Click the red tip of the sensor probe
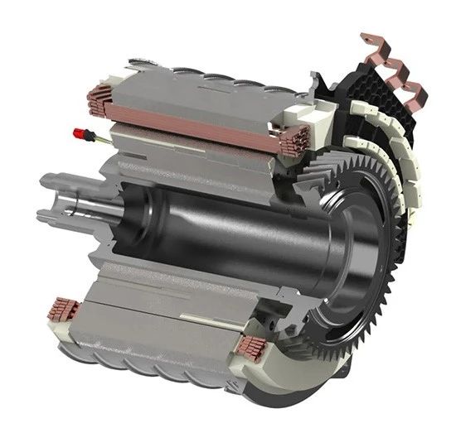80,132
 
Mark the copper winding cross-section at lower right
250,347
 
